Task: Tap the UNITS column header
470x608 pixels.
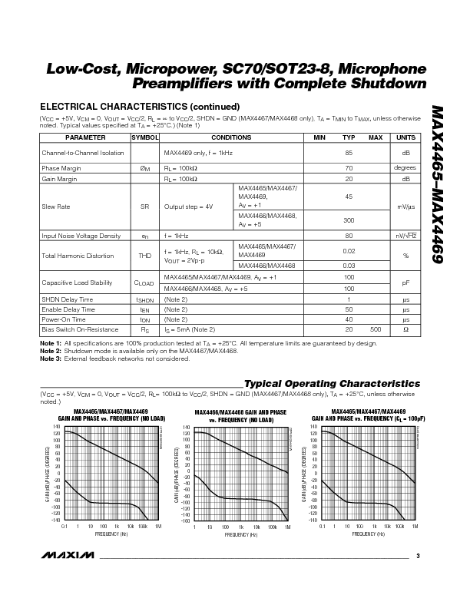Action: coord(405,137)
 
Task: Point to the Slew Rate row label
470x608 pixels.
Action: coord(55,207)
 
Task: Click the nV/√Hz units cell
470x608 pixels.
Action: coord(405,236)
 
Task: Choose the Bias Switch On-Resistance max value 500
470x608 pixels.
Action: coord(376,329)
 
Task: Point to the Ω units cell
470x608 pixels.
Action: coord(405,329)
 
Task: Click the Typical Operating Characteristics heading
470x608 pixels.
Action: coord(332,383)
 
